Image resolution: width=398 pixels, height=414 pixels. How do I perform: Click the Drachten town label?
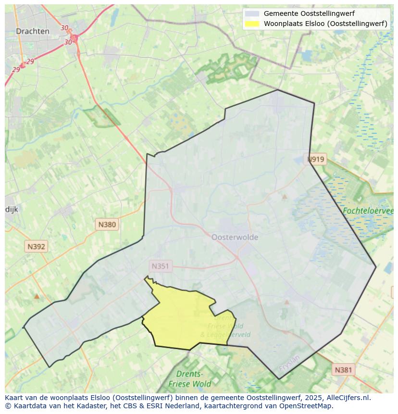(32, 31)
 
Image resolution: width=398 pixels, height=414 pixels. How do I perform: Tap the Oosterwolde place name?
(235, 237)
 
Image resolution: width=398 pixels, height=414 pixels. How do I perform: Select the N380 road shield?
(107, 224)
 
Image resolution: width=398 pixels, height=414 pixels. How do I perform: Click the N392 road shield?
(36, 247)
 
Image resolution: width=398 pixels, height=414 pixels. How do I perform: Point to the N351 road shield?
(160, 266)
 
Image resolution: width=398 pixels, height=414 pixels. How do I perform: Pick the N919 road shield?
(316, 159)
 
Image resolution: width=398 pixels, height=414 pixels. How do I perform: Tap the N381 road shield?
(343, 370)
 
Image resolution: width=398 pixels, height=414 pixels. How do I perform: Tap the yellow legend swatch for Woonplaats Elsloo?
(251, 23)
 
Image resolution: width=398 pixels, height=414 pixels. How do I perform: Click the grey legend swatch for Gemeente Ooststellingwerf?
(251, 13)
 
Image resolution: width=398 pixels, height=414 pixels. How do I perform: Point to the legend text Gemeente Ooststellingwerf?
(309, 13)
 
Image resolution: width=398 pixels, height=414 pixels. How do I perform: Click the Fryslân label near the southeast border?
(289, 365)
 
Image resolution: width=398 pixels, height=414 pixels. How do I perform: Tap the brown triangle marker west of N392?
(37, 296)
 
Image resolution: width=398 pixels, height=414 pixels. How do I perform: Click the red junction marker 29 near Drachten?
(22, 65)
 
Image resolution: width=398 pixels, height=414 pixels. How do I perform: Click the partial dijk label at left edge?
(12, 209)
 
